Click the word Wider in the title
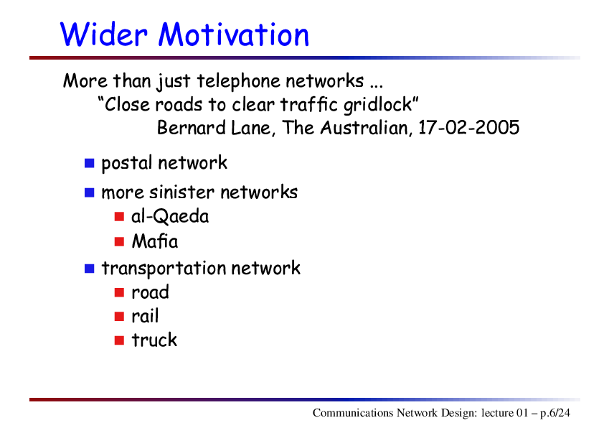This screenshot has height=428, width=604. [103, 34]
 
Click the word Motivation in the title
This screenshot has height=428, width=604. [234, 34]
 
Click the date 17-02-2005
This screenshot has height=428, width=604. [469, 128]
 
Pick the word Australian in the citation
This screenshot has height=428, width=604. [364, 128]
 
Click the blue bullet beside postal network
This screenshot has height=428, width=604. [90, 163]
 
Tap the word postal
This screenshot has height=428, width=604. [127, 163]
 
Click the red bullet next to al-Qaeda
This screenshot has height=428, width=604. [119, 217]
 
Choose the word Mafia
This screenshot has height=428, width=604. [155, 241]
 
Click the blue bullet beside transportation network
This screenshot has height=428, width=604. [90, 269]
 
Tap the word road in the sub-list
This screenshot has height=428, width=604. [150, 292]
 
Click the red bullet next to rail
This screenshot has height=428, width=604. [119, 317]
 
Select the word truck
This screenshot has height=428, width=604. [154, 340]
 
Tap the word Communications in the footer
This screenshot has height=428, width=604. [353, 413]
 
